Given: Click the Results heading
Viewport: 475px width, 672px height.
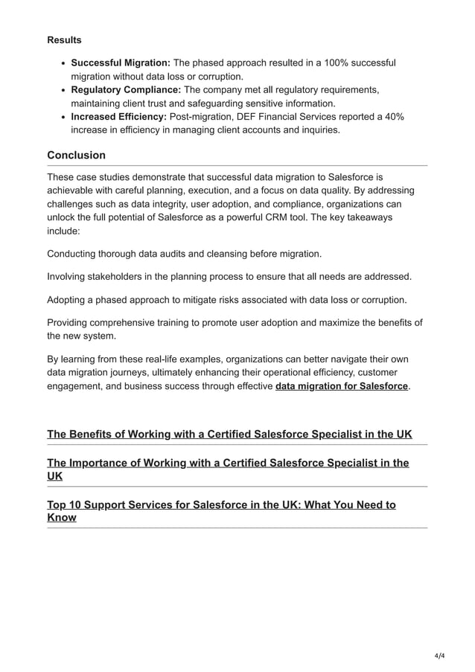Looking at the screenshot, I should pos(64,39).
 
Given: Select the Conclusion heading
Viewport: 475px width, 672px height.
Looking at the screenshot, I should pos(76,156).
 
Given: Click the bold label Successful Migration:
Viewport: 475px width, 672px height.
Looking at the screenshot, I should pos(121,63).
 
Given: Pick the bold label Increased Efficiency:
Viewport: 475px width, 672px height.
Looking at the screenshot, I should pos(118,117).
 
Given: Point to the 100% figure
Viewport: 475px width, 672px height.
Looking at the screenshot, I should pos(338,63).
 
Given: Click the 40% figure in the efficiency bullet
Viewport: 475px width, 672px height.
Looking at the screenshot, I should pos(392,117).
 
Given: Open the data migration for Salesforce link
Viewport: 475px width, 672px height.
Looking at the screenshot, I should pos(342,386).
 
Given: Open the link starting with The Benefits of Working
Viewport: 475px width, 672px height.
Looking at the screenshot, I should pos(229,434).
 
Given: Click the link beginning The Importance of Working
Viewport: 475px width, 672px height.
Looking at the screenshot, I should pos(228,463).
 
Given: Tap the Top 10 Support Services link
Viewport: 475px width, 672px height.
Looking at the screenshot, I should pos(221,505).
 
